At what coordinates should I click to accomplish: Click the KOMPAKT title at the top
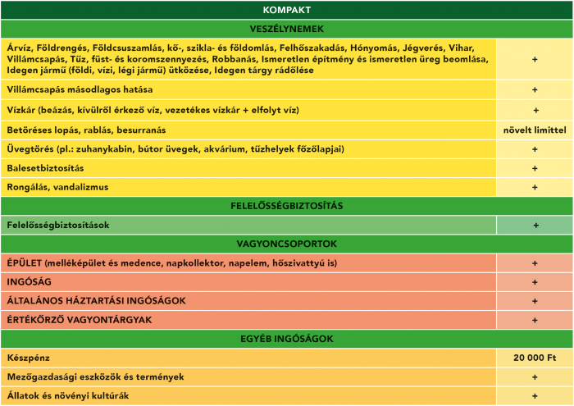[287, 10]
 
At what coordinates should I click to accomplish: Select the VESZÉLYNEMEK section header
[287, 29]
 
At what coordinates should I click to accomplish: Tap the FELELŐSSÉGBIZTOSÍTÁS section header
[287, 205]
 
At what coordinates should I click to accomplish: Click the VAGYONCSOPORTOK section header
[287, 244]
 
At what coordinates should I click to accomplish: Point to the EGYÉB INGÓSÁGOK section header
[287, 339]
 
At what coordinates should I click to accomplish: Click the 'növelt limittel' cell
[535, 130]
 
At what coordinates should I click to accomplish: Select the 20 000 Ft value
[535, 358]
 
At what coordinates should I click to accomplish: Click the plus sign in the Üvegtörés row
[535, 149]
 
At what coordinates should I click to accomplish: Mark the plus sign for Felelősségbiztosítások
[535, 225]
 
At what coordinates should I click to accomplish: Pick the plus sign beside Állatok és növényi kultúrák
[535, 396]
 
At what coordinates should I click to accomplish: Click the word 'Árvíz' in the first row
[19, 47]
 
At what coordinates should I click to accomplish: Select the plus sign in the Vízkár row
[535, 110]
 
